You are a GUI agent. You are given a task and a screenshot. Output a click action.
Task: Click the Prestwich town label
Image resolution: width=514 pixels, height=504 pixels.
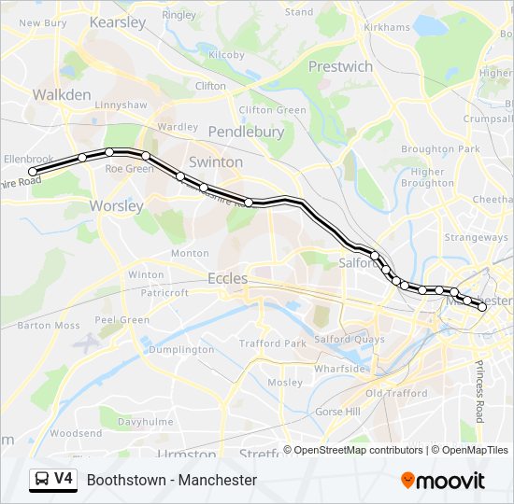coord(340,66)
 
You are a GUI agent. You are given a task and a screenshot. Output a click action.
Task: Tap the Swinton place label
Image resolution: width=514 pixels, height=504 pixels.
coord(216,161)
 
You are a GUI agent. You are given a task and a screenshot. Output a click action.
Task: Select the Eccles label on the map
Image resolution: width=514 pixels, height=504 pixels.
coord(227,278)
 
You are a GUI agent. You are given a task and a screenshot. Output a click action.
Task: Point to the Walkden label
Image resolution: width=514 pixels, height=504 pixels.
coord(62,94)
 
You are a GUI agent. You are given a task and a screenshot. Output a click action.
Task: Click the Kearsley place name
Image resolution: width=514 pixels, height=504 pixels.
coord(118,21)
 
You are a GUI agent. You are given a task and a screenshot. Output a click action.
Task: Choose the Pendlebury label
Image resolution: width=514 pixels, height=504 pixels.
coord(246,132)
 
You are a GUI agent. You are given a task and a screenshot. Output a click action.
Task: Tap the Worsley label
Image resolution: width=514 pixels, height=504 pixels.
coord(116,205)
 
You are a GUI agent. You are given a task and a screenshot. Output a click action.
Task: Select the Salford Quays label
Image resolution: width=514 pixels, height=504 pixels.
coord(349,339)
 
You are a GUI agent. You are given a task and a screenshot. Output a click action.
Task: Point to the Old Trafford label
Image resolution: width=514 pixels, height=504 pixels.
coord(396,393)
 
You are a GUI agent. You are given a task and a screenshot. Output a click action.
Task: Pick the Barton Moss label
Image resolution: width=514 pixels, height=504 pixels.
coord(49,326)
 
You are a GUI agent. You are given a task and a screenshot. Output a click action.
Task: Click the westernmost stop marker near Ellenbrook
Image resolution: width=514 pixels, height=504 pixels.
coord(33,172)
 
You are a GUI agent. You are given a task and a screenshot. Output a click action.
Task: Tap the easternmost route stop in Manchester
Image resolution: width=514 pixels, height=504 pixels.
coord(482,306)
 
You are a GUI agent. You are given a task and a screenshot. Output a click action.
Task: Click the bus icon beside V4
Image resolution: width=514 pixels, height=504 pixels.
coord(41,480)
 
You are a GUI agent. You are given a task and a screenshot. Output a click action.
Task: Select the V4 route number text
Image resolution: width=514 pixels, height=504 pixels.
coord(64,479)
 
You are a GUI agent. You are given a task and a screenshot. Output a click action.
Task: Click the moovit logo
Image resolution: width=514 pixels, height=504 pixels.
coord(443,480)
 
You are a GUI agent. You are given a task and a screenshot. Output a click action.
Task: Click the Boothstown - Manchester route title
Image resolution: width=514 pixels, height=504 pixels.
coord(172,480)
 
